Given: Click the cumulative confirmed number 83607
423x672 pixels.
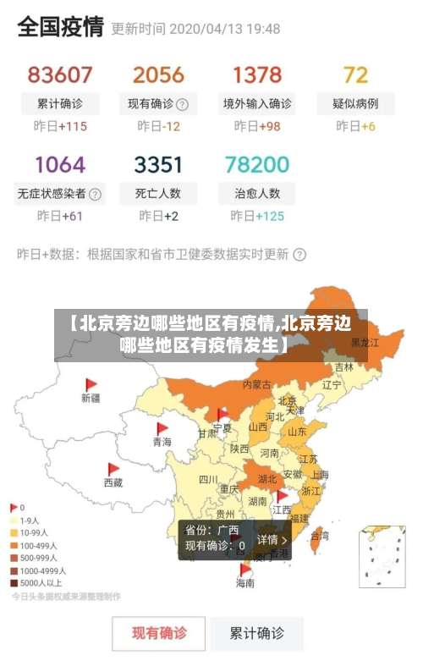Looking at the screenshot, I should (x=60, y=74).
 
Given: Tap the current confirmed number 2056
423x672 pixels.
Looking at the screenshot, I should (x=158, y=74).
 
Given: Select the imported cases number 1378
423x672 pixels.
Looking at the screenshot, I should (x=257, y=74).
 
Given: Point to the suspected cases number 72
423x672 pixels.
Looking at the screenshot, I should (x=355, y=74).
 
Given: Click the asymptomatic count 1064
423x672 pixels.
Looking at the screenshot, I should (x=60, y=163).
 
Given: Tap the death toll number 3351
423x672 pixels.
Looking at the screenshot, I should (x=158, y=163).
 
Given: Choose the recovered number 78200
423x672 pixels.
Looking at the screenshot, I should (x=257, y=163).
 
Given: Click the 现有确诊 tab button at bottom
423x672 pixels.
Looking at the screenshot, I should (x=159, y=632).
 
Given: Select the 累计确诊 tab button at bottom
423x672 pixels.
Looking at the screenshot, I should (x=257, y=632).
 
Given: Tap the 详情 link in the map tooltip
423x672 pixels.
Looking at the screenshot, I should (x=272, y=539).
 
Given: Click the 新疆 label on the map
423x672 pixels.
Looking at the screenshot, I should (x=91, y=398).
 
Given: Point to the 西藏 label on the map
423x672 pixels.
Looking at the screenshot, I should (x=113, y=482).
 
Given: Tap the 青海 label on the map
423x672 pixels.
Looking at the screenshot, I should (x=162, y=442).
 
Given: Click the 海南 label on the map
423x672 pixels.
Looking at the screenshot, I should (x=244, y=583).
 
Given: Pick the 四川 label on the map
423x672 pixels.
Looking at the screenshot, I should (x=208, y=479).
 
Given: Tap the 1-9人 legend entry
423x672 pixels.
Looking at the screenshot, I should (x=30, y=521).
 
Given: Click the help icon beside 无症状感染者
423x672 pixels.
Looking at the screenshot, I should (x=96, y=194).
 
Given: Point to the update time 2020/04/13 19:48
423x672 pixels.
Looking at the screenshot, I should (x=225, y=29).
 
